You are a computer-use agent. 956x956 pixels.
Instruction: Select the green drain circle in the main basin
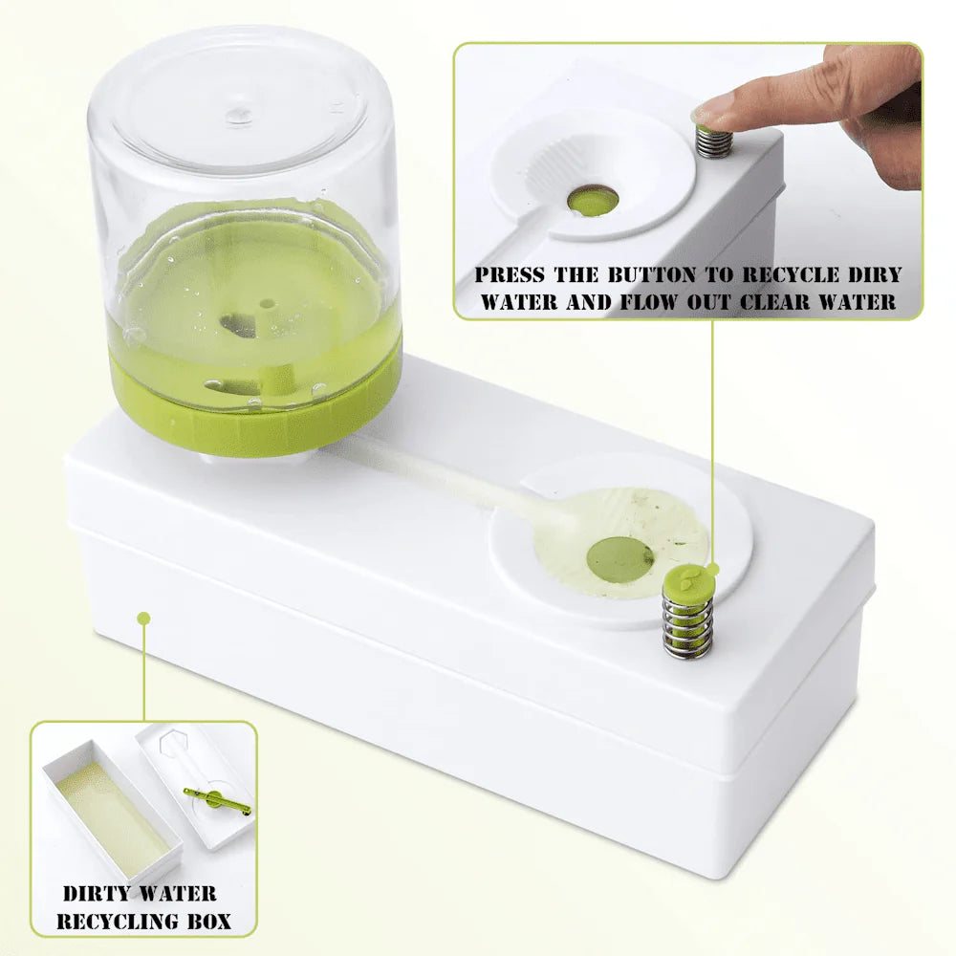coord(619,558)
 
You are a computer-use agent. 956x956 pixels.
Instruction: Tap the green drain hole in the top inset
coord(592,199)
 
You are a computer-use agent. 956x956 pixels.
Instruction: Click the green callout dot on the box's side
coord(143,619)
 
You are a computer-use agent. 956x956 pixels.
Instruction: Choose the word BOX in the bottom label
coord(210,922)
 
